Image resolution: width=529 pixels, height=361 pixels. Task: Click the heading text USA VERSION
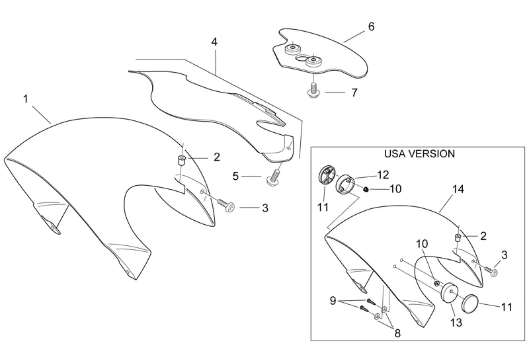point(419,154)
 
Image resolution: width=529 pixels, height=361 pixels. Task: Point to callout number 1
point(25,99)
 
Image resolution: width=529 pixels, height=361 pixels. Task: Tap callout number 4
point(214,42)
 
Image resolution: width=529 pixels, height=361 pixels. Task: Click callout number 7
point(354,93)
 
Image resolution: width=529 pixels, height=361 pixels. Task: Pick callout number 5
point(235,177)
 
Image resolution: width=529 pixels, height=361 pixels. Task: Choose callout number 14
point(458,189)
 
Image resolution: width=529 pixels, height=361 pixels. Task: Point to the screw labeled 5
point(273,177)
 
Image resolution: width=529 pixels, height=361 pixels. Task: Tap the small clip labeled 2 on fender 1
point(179,161)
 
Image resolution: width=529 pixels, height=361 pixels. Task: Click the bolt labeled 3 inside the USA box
point(493,270)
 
